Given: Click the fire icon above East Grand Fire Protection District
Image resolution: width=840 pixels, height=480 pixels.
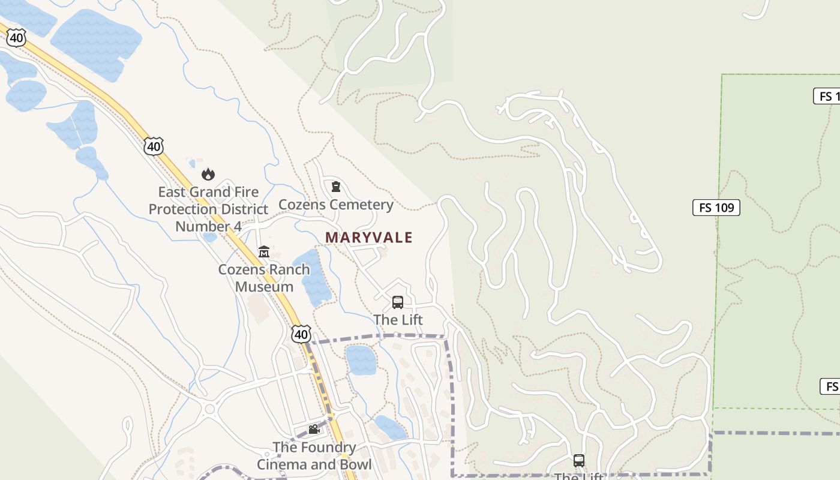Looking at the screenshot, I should point(208,174).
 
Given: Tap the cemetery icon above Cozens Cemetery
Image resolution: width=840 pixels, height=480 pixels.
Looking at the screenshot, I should point(336,187).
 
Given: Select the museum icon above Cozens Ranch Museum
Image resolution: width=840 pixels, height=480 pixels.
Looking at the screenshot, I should point(263,251).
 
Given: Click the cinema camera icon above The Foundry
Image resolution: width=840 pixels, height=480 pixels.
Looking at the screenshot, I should point(313,429).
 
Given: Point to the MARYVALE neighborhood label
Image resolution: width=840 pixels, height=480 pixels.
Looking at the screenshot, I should point(369,238).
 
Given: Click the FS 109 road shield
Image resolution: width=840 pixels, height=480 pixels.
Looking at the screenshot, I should point(716,208).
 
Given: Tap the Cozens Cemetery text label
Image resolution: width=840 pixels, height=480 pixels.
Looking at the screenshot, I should point(336,205).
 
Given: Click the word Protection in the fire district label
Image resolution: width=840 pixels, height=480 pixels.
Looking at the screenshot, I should point(208,209).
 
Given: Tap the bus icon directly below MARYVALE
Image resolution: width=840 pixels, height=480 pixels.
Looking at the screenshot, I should point(397,302).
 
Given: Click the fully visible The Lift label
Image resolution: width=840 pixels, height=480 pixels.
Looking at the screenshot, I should point(398,320).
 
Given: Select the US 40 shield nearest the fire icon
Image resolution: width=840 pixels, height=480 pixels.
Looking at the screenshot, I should point(154,146).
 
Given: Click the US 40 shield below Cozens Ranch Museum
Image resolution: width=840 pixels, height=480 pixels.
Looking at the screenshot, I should point(301,334).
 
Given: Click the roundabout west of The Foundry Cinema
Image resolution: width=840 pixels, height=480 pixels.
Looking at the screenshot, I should point(209,410).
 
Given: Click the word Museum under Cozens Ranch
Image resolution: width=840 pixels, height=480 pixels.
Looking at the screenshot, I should point(264,286).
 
